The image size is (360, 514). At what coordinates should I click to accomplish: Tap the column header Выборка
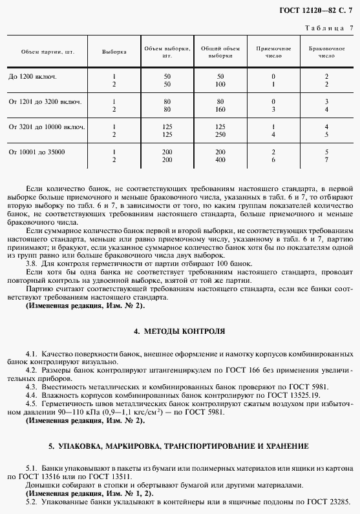[x=114, y=52]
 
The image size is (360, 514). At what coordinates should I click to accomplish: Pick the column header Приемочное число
[x=273, y=52]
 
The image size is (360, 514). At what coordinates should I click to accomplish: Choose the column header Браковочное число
[x=326, y=52]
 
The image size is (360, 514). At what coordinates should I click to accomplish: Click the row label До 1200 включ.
[x=32, y=77]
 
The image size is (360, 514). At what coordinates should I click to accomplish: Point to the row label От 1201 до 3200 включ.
[x=45, y=102]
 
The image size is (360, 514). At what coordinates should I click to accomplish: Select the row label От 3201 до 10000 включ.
[x=47, y=127]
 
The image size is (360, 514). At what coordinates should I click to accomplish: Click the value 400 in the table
[x=220, y=159]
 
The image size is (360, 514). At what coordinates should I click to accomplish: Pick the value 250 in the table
[x=220, y=134]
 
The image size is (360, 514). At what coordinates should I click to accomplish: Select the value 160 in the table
[x=220, y=110]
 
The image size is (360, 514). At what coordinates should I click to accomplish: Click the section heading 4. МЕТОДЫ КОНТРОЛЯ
[x=179, y=331]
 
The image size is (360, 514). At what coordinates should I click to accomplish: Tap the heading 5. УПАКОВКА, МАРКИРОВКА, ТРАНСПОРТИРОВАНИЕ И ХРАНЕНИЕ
[x=179, y=447]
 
